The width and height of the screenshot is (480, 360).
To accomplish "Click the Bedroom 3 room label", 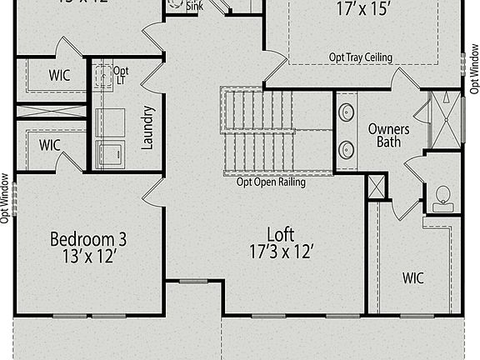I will pyautogui.click(x=88, y=240).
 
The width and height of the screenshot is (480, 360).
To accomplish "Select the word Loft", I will pyautogui.click(x=280, y=234).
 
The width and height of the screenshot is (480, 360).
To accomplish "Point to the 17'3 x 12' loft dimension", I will pyautogui.click(x=280, y=251).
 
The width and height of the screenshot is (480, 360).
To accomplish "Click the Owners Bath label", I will pyautogui.click(x=388, y=136).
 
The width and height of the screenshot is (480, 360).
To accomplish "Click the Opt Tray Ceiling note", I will pyautogui.click(x=361, y=57).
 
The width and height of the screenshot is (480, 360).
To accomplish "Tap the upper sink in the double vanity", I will pyautogui.click(x=346, y=111).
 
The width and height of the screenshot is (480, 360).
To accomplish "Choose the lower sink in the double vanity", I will pyautogui.click(x=346, y=149).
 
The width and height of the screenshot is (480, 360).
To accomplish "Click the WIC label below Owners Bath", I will pyautogui.click(x=413, y=277).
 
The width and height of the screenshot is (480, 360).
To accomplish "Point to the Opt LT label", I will pyautogui.click(x=121, y=75).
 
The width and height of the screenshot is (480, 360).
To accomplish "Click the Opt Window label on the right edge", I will pyautogui.click(x=474, y=75).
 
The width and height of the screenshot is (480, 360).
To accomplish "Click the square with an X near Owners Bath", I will pyautogui.click(x=377, y=187).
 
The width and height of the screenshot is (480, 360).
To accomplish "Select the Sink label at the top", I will pyautogui.click(x=194, y=6).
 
